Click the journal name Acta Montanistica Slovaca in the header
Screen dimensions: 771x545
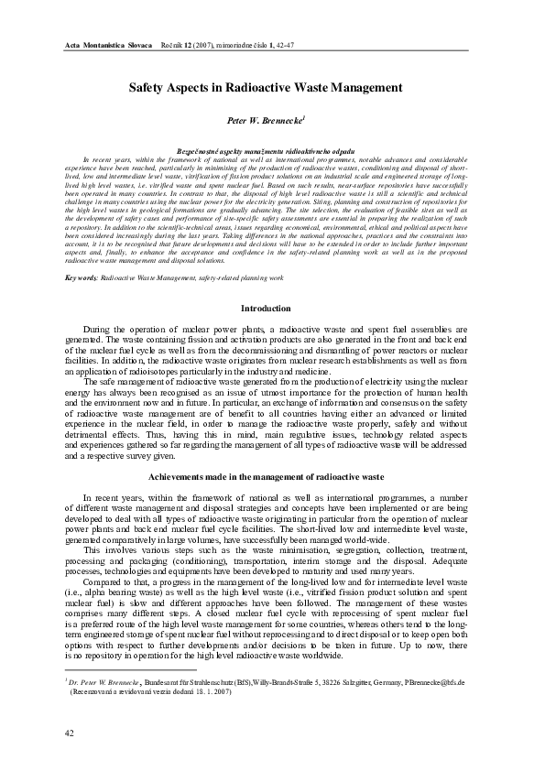pyautogui.click(x=108, y=45)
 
